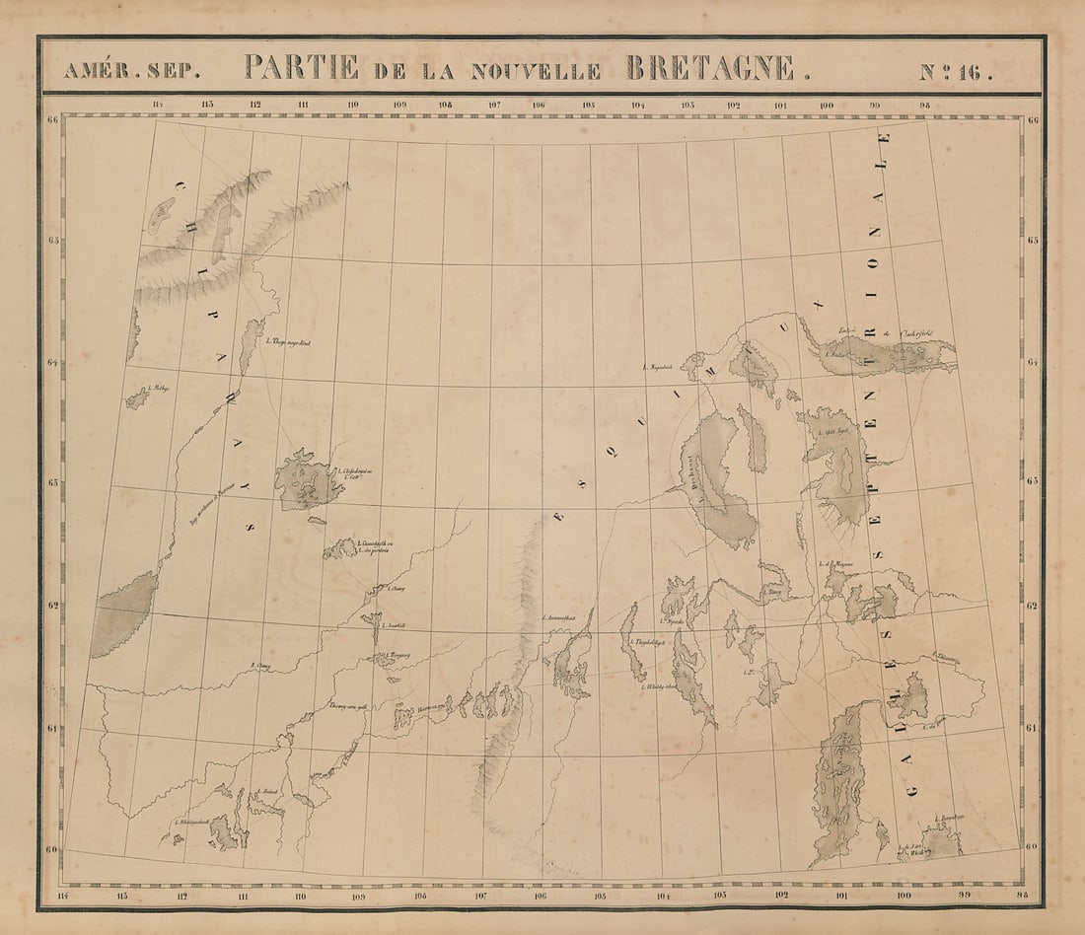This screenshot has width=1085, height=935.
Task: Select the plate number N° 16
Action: [x=955, y=70]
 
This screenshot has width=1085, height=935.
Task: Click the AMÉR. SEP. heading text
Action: [x=132, y=70]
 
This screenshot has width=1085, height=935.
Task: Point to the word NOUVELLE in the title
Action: [x=536, y=70]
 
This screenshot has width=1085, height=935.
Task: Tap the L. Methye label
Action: [x=158, y=389]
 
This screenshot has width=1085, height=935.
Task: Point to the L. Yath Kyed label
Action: [x=825, y=435]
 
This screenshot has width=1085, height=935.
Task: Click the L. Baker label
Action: [x=839, y=352]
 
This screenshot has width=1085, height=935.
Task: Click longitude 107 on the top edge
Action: [x=493, y=105]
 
